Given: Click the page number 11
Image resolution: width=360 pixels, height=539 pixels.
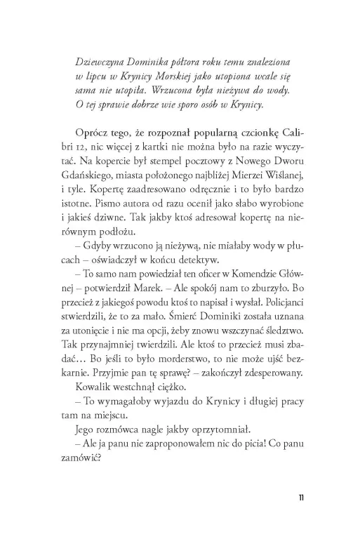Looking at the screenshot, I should point(300,498).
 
